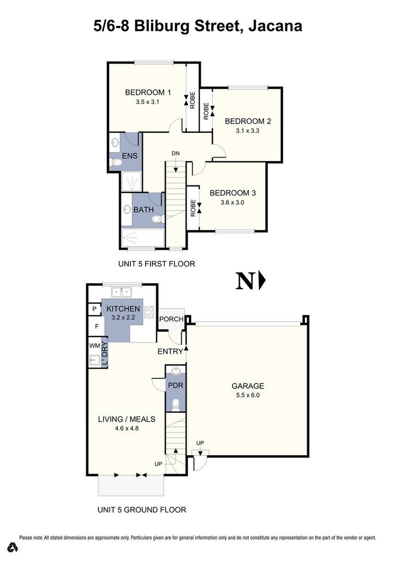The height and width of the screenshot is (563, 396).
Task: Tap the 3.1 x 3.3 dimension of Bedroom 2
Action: (247, 131)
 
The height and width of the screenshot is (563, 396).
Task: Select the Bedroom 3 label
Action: (232, 193)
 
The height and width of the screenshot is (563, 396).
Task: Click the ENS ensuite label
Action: (129, 156)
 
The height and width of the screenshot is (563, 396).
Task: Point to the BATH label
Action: (143, 210)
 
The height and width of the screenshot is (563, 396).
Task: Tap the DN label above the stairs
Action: (176, 153)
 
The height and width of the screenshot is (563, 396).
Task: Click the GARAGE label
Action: (247, 386)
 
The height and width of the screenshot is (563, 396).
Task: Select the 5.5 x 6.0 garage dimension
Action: (247, 395)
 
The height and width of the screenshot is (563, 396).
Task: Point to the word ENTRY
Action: (170, 352)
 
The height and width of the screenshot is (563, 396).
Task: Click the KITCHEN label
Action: (123, 309)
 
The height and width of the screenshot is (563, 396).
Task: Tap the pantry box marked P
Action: (94, 309)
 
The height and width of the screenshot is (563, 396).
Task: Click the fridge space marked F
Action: (96, 326)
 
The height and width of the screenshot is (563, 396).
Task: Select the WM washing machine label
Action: (94, 345)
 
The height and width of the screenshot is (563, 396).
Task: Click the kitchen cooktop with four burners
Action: (149, 312)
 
